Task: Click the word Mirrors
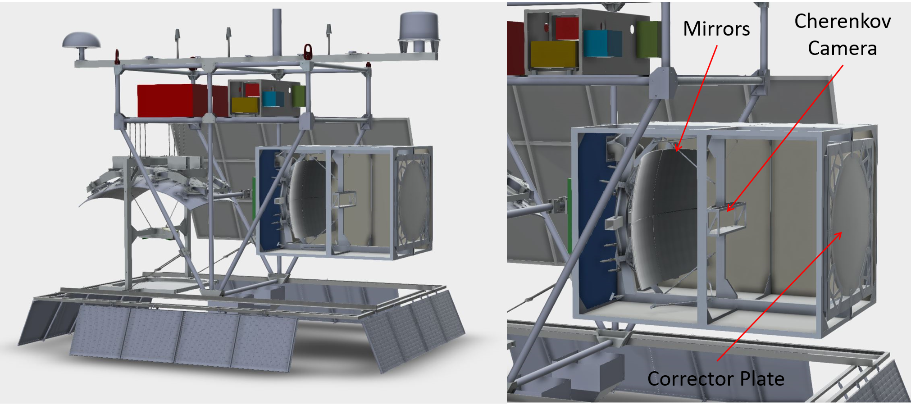click(716, 29)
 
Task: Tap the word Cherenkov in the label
click(843, 21)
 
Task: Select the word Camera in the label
click(842, 48)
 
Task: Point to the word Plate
click(762, 379)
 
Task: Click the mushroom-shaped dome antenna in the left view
click(82, 45)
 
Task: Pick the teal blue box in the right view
click(603, 43)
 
